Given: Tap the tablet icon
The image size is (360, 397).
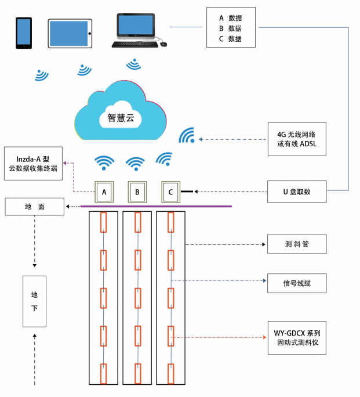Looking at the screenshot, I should click(69, 34).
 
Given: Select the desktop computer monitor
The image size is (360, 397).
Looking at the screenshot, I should click(136, 26).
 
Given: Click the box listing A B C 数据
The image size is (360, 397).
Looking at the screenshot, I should click(230, 27).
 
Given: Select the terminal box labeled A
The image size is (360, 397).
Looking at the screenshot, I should click(104, 192).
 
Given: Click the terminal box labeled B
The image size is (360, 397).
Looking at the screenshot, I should click(137, 192).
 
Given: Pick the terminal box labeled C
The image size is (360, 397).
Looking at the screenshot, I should click(170, 192).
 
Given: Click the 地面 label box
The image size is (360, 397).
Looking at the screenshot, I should click(35, 206).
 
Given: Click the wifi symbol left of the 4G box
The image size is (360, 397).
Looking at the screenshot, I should click(187, 136).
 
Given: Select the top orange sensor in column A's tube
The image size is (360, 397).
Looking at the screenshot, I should click(104, 222).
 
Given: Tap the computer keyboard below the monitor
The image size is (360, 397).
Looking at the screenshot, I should click(135, 44).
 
